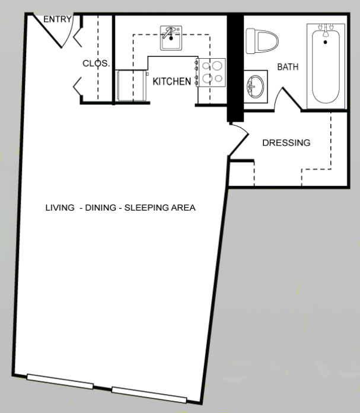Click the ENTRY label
pyautogui.click(x=58, y=19)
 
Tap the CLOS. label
pyautogui.click(x=96, y=63)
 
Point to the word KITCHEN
pyautogui.click(x=172, y=81)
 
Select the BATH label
pyautogui.click(x=288, y=67)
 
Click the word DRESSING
pyautogui.click(x=286, y=143)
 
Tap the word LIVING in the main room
pyautogui.click(x=60, y=208)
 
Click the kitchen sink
pyautogui.click(x=171, y=37)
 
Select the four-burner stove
pyautogui.click(x=212, y=72)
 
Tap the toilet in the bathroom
pyautogui.click(x=262, y=42)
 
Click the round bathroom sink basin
pyautogui.click(x=255, y=86)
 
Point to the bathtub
pyautogui.click(x=326, y=66)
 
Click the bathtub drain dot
pyautogui.click(x=325, y=42)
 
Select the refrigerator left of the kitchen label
pyautogui.click(x=132, y=85)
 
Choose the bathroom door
pyautogui.click(x=288, y=99)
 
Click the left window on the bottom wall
pyautogui.click(x=60, y=382)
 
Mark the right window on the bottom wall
pyautogui.click(x=149, y=395)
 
